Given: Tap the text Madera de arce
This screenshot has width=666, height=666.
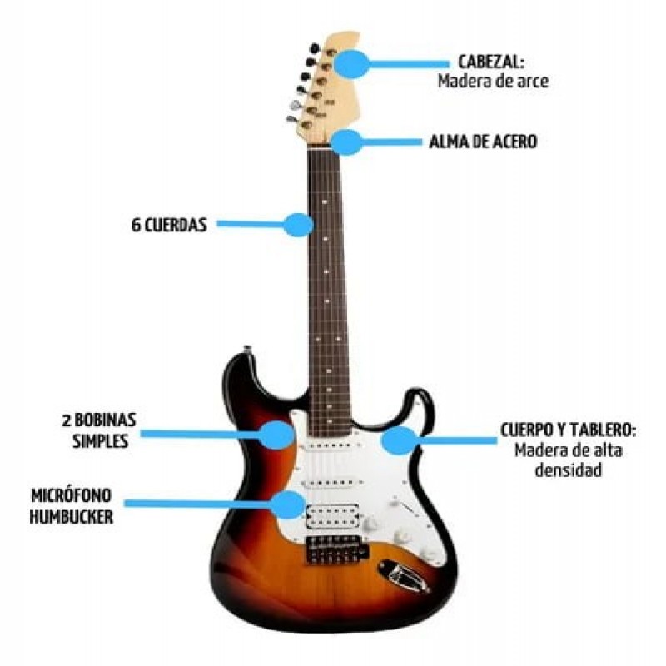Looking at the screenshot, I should point(493,82).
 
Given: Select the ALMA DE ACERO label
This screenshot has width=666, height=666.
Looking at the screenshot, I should point(483,142).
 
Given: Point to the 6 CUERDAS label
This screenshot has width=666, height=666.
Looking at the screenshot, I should point(168,224).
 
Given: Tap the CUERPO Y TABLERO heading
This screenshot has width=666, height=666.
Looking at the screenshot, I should point(569,431).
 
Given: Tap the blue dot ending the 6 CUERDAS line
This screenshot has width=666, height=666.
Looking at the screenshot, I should point(298,224).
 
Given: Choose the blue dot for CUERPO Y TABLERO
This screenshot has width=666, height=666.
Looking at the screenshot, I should point(400,440).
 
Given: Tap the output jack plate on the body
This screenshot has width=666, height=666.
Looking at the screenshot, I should point(404,574).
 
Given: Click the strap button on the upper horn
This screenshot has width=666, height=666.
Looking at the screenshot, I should point(246,349).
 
